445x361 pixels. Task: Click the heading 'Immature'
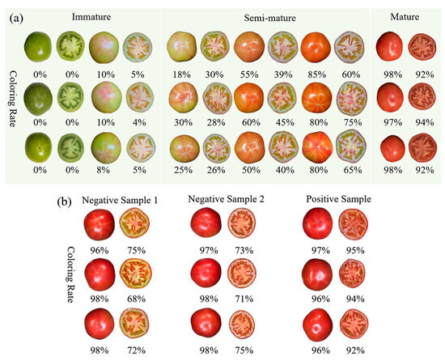pyautogui.click(x=91, y=16)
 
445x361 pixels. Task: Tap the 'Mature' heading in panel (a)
pyautogui.click(x=405, y=16)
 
